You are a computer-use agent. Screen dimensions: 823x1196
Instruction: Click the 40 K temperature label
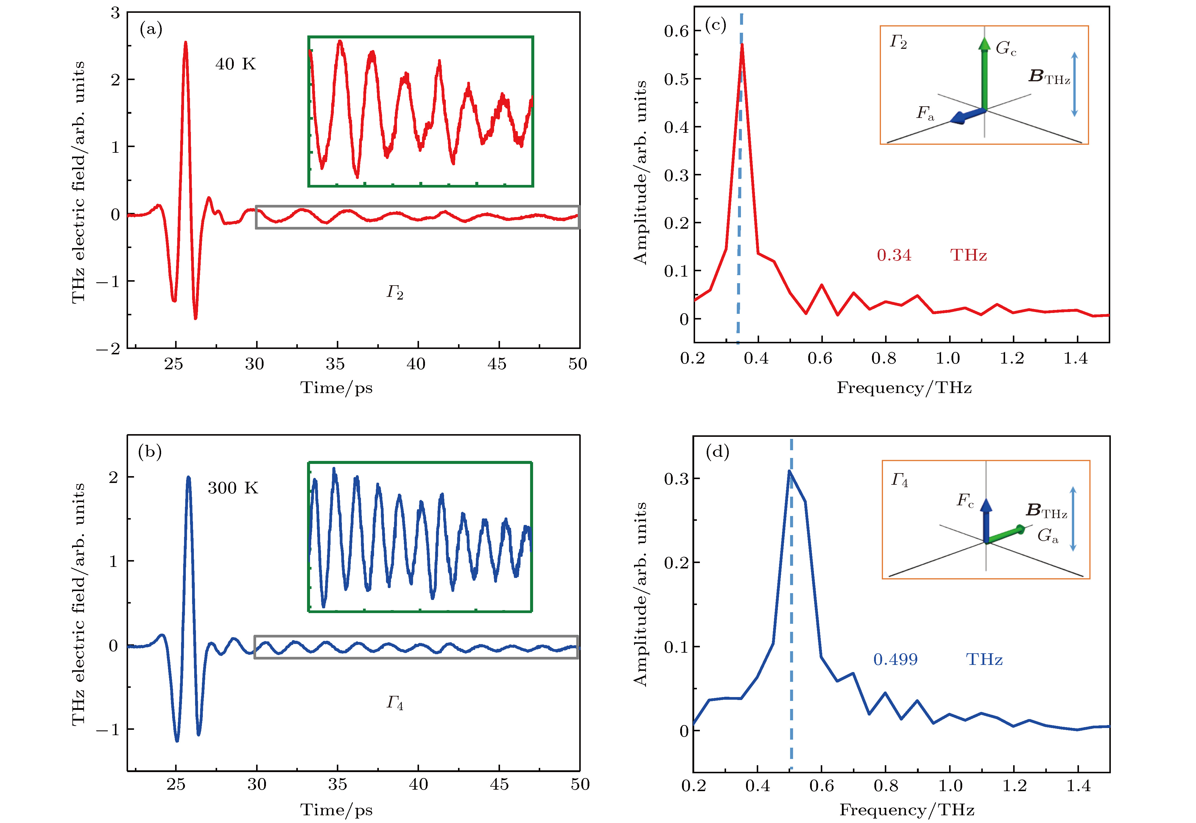[235, 64]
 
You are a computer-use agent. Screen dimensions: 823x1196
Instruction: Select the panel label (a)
[151, 29]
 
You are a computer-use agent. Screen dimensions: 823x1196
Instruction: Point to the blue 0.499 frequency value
[895, 660]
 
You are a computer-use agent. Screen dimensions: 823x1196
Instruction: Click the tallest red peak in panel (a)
[185, 43]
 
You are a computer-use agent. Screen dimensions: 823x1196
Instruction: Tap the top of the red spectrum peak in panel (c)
[742, 45]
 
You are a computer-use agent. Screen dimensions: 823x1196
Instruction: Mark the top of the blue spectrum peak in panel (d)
[789, 471]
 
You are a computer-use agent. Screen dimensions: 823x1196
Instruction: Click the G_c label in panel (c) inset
[1006, 49]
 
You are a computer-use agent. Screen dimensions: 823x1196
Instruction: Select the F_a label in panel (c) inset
[925, 113]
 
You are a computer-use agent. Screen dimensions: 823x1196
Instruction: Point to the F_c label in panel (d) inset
[965, 500]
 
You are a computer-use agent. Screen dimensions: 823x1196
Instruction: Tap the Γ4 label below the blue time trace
[395, 702]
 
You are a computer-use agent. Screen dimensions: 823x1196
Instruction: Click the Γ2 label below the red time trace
[395, 292]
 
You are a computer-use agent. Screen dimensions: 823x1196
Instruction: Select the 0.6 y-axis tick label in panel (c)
[676, 32]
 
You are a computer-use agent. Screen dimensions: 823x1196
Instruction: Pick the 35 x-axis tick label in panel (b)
[337, 785]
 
